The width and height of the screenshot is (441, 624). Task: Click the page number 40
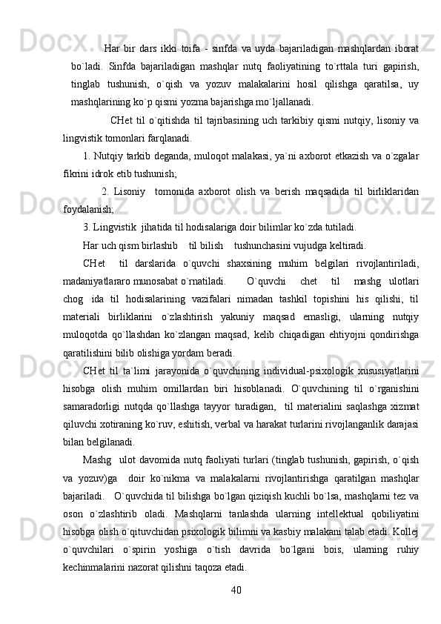point(236,568)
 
